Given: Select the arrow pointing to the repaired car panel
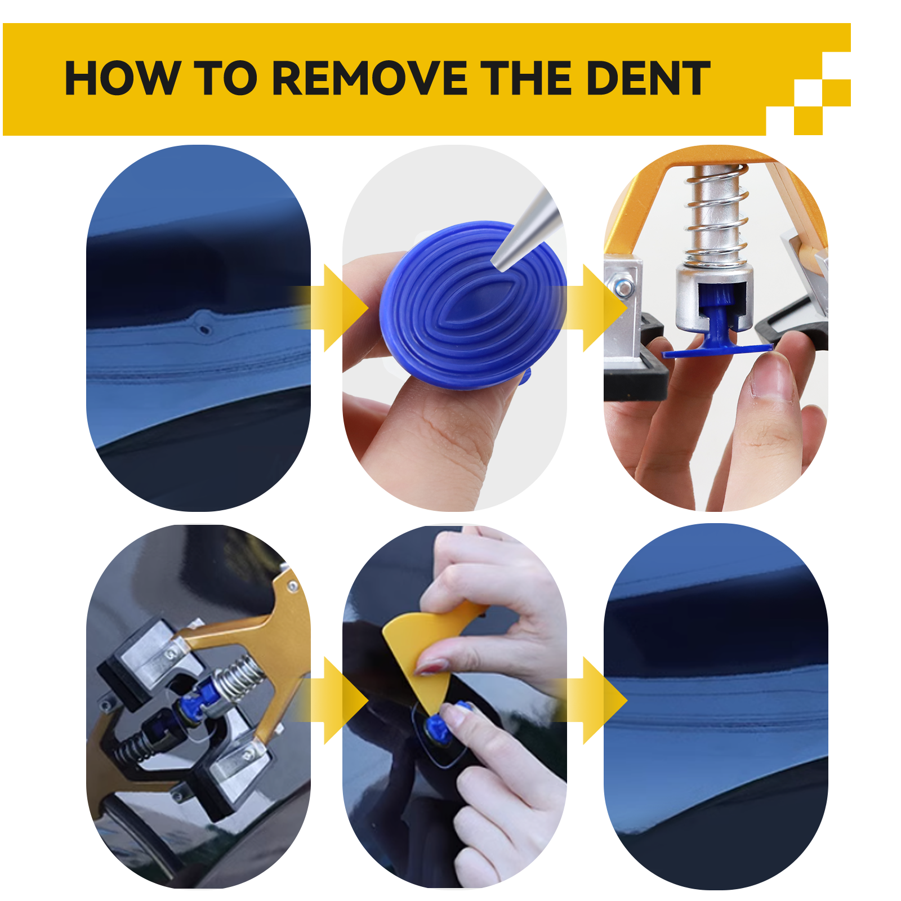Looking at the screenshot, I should (597, 700).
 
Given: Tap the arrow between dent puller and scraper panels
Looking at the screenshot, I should (338, 700).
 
